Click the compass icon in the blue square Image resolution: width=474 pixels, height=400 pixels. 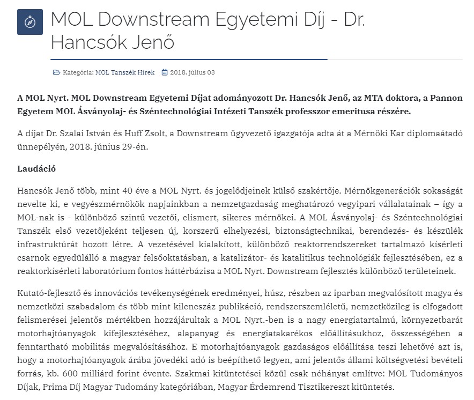pyautogui.click(x=30, y=22)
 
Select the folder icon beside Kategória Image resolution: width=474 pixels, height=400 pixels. pyautogui.click(x=56, y=72)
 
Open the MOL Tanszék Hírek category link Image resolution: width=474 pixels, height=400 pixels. pyautogui.click(x=125, y=72)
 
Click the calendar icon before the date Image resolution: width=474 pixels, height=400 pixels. pyautogui.click(x=165, y=72)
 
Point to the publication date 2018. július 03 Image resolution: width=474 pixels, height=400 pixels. pyautogui.click(x=192, y=72)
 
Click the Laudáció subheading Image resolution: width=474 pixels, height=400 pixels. pyautogui.click(x=37, y=168)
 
